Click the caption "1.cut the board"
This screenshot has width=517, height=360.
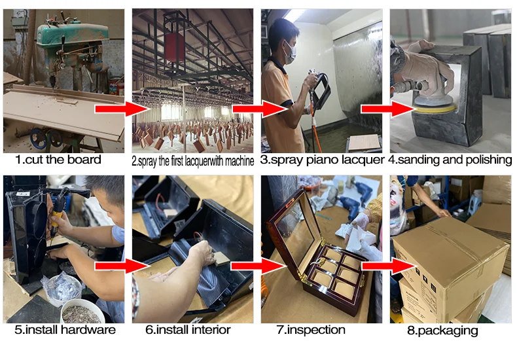[58, 160]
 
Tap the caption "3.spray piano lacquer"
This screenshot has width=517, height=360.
[322, 160]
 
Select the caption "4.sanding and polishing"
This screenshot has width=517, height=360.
[450, 160]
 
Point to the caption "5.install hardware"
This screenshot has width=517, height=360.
[65, 330]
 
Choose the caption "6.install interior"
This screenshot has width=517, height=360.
[188, 330]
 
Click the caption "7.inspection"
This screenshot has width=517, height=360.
[311, 330]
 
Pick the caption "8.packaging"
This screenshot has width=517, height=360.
[442, 331]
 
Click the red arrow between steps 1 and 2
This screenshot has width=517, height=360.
[122, 109]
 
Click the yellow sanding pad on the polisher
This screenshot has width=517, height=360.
[435, 108]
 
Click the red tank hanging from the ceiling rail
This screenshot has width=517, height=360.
[175, 47]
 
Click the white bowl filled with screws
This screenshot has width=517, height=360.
[82, 311]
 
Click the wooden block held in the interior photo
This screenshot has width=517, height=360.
[221, 259]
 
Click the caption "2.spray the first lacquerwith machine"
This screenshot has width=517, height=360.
[193, 161]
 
